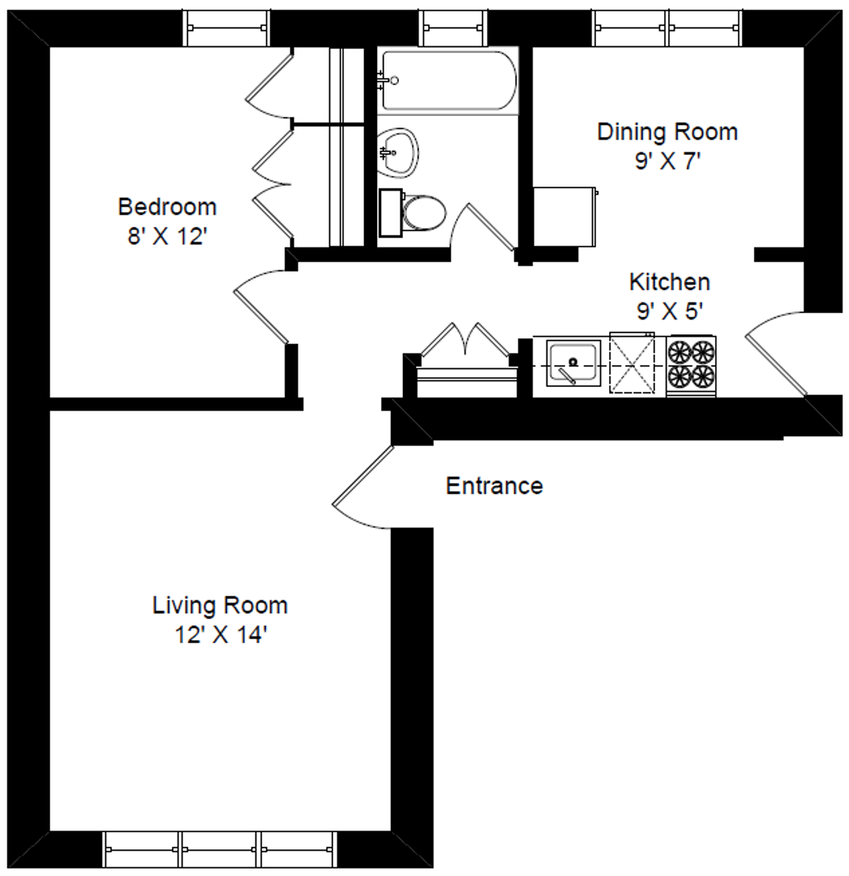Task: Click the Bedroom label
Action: [167, 207]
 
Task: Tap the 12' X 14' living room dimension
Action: [221, 634]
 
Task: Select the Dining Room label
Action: [667, 132]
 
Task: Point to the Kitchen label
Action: [670, 281]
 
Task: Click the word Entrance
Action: [495, 486]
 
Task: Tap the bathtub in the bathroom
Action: [448, 80]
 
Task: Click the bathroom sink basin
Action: [397, 152]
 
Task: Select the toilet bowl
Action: [425, 213]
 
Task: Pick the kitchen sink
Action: [573, 363]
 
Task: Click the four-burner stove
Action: [692, 365]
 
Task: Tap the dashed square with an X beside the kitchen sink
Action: [632, 363]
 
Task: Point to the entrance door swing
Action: [363, 487]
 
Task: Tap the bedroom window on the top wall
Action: [227, 28]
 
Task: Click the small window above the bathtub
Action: [453, 28]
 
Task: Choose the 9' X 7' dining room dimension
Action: [667, 161]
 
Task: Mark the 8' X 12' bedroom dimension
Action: [167, 236]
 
